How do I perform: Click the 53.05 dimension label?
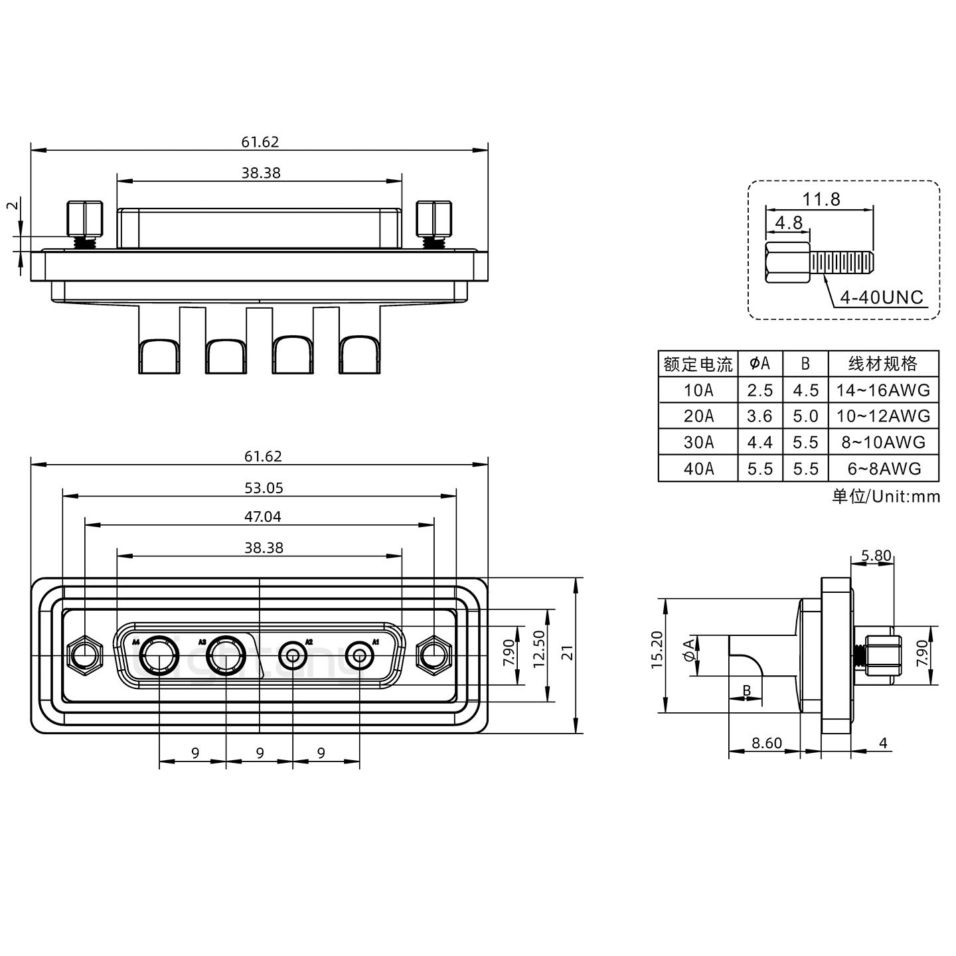pyautogui.click(x=264, y=488)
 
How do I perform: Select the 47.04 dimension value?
pyautogui.click(x=264, y=517)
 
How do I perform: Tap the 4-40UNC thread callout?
pyautogui.click(x=882, y=297)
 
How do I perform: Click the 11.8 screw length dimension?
pyautogui.click(x=821, y=199)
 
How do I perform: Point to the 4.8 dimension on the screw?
pyautogui.click(x=789, y=222)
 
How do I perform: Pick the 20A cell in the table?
pyautogui.click(x=698, y=416)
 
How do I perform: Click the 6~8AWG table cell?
pyautogui.click(x=884, y=469)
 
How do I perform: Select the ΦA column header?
pyautogui.click(x=759, y=364)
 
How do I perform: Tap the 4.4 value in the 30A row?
pyautogui.click(x=759, y=443)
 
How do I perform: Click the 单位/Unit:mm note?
pyautogui.click(x=886, y=497)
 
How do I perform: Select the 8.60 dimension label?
pyautogui.click(x=767, y=743)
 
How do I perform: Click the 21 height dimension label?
pyautogui.click(x=566, y=656)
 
